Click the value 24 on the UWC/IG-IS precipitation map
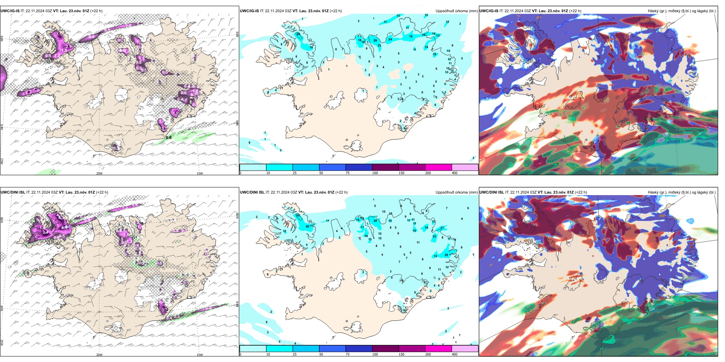pos(390,39)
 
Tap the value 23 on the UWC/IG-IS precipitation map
pos(379,46)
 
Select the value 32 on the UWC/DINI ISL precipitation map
pos(307,226)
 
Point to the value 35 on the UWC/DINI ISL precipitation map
pos(446,255)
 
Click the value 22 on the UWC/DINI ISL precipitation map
pos(434,236)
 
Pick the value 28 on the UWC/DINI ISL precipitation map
pos(375,221)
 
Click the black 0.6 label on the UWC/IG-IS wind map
pos(169,138)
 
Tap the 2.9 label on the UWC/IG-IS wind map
pos(69,46)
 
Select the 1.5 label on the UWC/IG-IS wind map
pos(64,50)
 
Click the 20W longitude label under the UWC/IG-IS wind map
pos(99,173)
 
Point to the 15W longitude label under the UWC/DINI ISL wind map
pos(200,355)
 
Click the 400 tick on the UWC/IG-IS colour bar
pos(454,173)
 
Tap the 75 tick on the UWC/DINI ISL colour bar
pos(348,354)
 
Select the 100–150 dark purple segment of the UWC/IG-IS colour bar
pos(385,167)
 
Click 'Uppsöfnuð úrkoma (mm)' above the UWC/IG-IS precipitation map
pos(456,11)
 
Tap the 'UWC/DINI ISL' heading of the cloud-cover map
pos(491,192)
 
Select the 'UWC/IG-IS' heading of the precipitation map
pos(249,11)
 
